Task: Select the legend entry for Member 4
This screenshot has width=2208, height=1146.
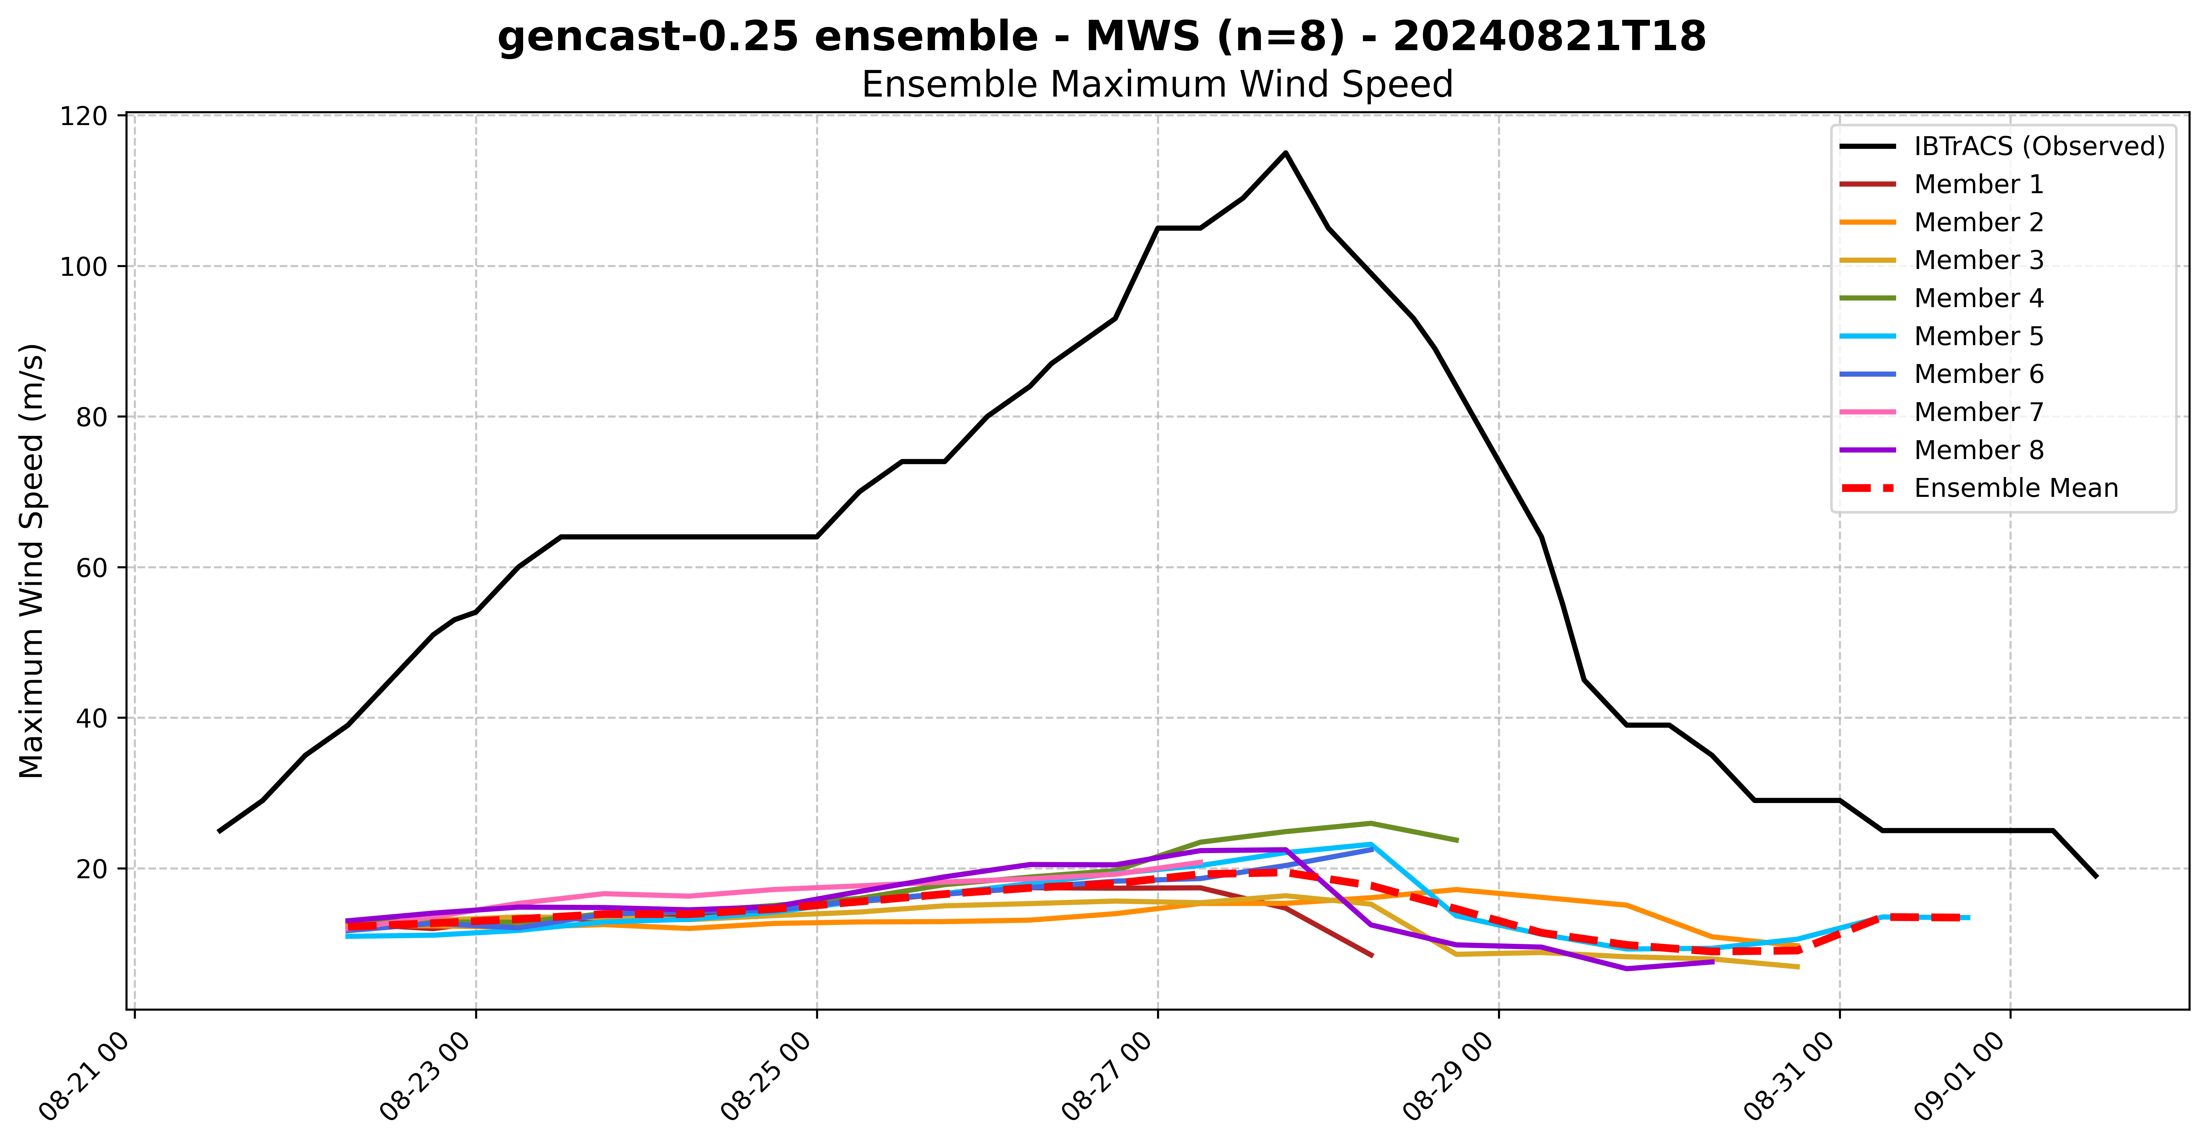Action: pyautogui.click(x=1978, y=298)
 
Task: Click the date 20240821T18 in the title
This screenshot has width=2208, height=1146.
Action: pyautogui.click(x=1549, y=37)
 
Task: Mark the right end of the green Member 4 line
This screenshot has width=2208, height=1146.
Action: pyautogui.click(x=1457, y=840)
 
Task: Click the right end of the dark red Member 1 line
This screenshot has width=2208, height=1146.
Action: pyautogui.click(x=1372, y=956)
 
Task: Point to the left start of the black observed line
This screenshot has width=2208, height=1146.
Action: pyautogui.click(x=220, y=831)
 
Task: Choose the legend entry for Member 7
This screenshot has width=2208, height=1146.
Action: pyautogui.click(x=1978, y=412)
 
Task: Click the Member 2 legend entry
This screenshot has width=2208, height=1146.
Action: pyautogui.click(x=1978, y=223)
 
